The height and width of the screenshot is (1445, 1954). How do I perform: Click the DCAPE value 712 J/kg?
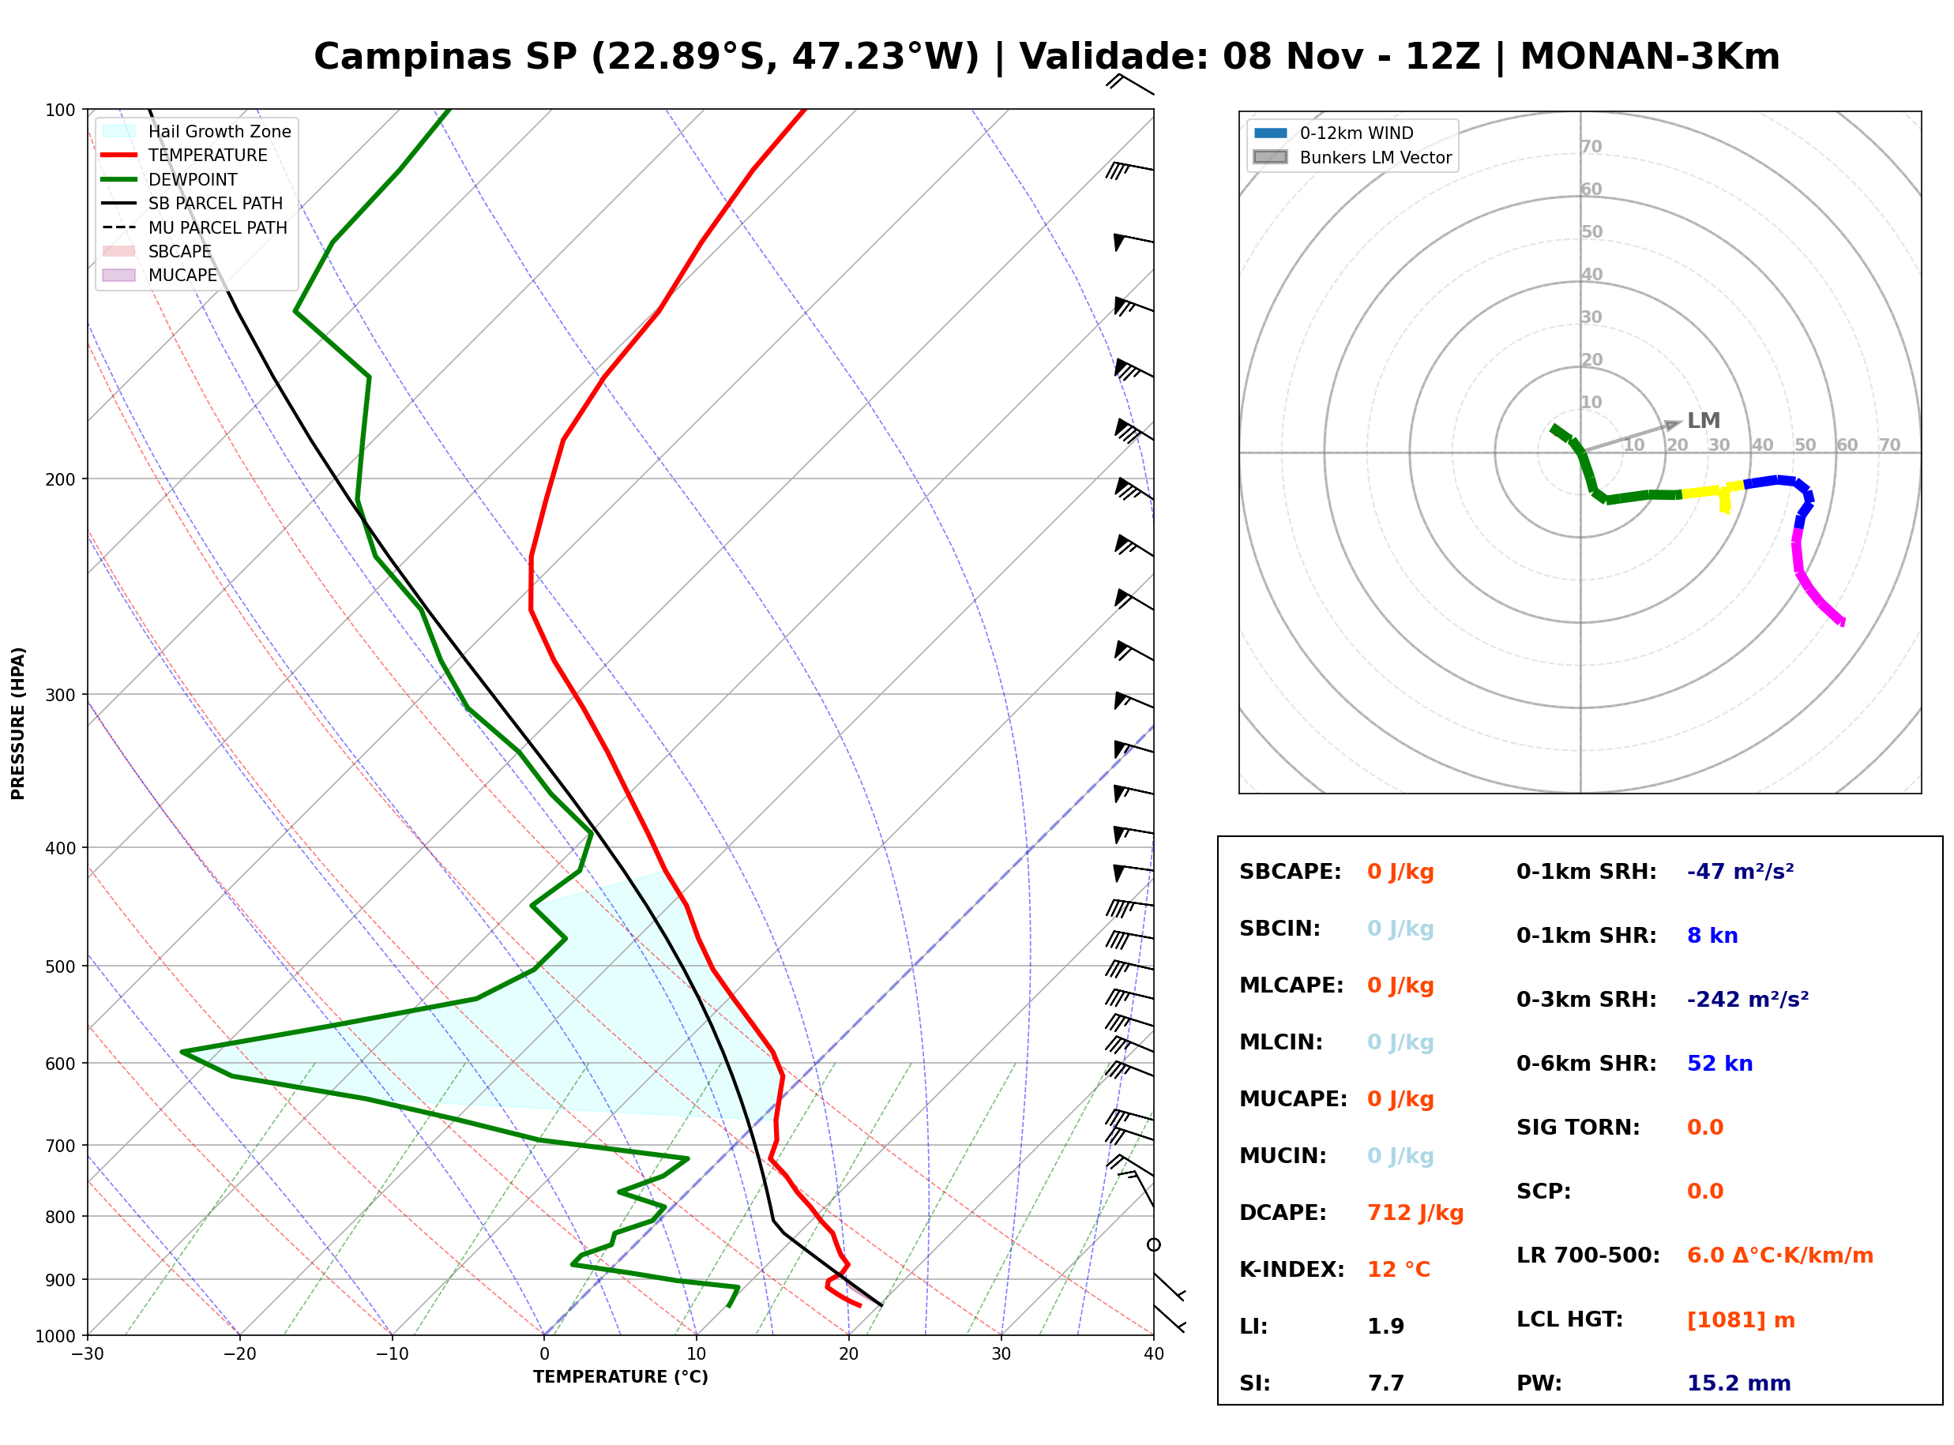tap(1415, 1212)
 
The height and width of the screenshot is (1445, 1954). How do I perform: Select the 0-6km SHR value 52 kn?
tap(1719, 1063)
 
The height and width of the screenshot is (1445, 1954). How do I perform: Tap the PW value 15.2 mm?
tap(1739, 1383)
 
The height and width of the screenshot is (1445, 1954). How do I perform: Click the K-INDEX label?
tap(1292, 1269)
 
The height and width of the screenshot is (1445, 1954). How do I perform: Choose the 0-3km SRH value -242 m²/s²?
tap(1748, 999)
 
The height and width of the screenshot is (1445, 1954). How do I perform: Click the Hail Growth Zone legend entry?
tap(196, 131)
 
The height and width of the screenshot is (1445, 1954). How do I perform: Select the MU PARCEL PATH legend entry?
tap(194, 227)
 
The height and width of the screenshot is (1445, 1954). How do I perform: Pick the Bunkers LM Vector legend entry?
tap(1352, 157)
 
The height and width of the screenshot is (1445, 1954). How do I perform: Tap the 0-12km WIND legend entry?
tap(1333, 133)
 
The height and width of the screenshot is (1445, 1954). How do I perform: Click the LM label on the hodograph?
tap(1703, 421)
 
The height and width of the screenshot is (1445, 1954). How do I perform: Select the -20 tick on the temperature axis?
tap(239, 1354)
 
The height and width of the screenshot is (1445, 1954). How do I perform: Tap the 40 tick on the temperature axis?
tap(1154, 1354)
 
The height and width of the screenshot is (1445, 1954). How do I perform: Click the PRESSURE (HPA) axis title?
tap(18, 723)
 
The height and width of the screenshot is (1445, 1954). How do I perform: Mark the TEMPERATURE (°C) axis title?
tap(621, 1377)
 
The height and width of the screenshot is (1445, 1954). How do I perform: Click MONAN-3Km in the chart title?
tap(1650, 57)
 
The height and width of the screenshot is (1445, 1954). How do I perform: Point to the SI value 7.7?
tap(1385, 1383)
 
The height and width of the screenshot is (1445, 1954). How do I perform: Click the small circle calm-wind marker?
tap(1154, 1244)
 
